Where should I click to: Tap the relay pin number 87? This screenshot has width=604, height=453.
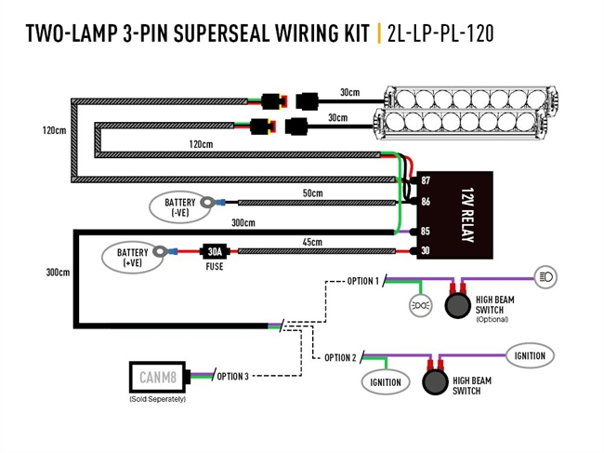tap(426, 180)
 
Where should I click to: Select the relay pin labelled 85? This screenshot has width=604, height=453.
tap(426, 232)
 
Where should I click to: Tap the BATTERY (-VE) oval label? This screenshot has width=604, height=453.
tap(180, 207)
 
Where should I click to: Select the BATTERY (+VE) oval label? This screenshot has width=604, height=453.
tap(133, 257)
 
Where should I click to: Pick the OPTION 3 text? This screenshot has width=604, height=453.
tap(233, 377)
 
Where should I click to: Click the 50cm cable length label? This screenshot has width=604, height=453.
tap(312, 193)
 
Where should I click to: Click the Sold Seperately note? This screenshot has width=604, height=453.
tap(157, 398)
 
